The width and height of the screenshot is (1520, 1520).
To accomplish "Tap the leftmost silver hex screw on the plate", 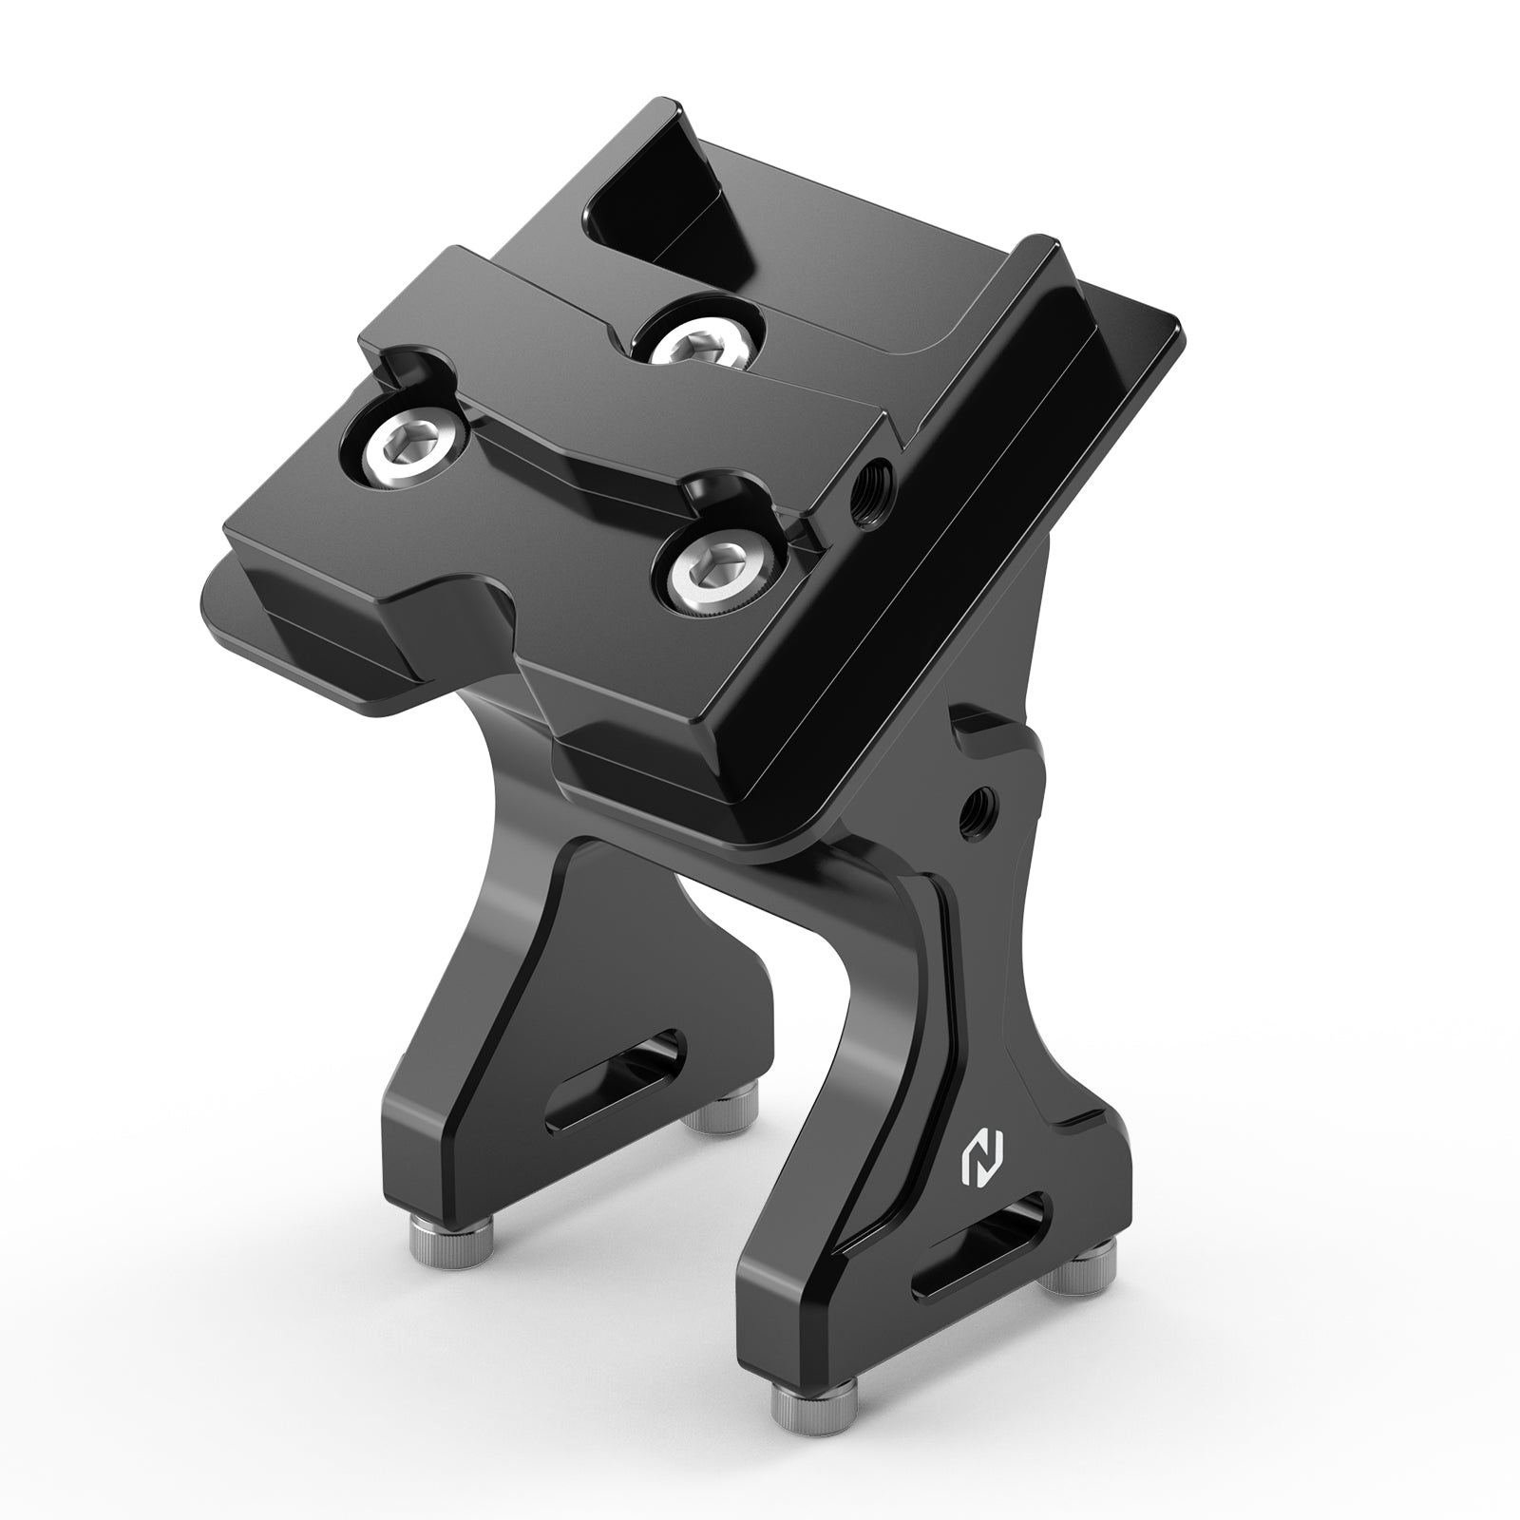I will tap(408, 441).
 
